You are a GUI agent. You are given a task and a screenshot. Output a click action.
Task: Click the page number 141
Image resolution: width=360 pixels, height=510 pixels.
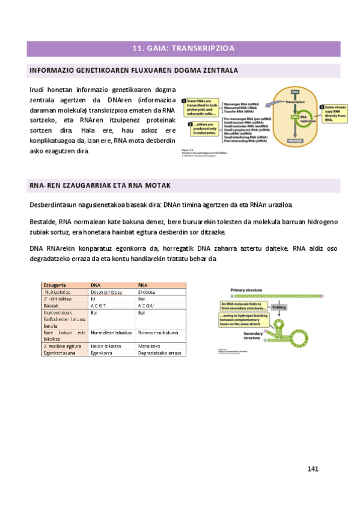312,469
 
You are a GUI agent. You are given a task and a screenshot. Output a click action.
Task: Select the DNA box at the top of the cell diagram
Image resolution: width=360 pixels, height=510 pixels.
294,92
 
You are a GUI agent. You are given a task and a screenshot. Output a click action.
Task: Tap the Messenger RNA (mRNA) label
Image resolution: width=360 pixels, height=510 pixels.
242,103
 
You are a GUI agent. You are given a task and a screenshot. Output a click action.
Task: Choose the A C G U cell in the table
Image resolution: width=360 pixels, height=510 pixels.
147,306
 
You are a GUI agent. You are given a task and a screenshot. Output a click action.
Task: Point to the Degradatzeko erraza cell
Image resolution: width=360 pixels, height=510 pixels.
159,352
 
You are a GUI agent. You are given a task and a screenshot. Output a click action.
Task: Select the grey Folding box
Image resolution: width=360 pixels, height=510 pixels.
279,307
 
